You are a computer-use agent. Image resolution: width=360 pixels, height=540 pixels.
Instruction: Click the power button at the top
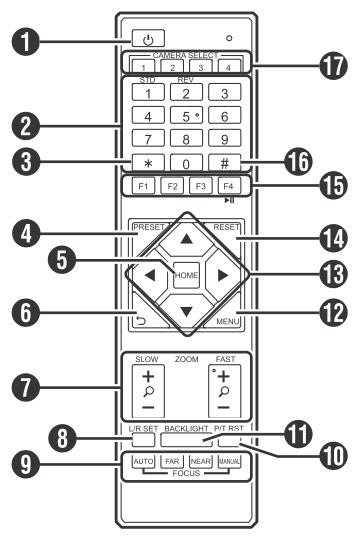148,38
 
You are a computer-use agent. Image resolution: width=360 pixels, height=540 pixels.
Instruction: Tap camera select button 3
200,66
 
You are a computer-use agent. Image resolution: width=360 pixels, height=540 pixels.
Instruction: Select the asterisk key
148,162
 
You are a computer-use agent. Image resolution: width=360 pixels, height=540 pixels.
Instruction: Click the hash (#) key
225,162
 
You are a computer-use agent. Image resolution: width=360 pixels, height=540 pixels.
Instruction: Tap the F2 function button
172,186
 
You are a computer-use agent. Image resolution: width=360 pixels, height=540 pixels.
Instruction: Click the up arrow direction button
186,239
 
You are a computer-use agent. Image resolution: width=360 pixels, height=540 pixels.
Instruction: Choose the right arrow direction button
223,275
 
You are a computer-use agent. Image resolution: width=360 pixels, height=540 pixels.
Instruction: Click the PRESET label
149,227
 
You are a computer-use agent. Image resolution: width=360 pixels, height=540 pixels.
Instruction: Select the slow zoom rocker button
148,391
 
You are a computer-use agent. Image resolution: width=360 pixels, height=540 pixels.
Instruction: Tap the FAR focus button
172,461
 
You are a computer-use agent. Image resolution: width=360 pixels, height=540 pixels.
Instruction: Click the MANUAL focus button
229,461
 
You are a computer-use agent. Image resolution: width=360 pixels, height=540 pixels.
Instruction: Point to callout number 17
332,66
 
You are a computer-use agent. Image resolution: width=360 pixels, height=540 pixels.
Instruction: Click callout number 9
25,464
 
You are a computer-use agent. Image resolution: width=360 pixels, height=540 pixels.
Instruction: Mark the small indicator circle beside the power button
229,38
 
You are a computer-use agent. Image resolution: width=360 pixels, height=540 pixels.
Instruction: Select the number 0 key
186,162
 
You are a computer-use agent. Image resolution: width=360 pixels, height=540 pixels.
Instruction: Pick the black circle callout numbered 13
332,274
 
